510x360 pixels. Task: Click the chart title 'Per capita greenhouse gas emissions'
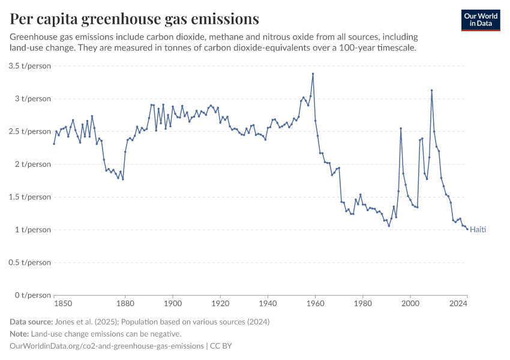tap(134, 19)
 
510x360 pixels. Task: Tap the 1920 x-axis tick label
tap(220, 304)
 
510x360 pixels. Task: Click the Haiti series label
tap(478, 230)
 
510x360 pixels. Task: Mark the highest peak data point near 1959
tap(313, 74)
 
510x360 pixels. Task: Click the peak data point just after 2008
tap(431, 91)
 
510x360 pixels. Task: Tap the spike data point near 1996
tap(401, 128)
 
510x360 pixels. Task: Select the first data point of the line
tap(54, 143)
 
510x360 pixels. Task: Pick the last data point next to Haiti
tap(467, 229)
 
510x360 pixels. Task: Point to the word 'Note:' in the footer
tap(21, 334)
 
